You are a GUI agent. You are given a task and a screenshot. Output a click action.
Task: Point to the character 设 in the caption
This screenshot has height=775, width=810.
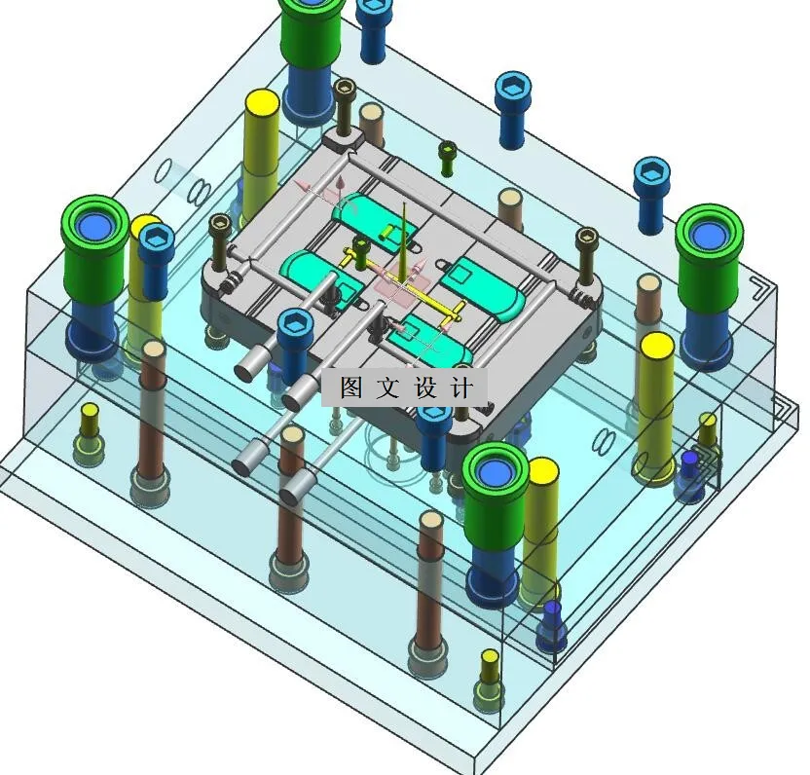point(425,387)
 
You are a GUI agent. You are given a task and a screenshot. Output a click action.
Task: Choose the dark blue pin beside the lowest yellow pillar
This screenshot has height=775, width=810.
point(552,610)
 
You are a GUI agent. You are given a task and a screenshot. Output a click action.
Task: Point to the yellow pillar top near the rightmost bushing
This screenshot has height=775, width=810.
point(657,345)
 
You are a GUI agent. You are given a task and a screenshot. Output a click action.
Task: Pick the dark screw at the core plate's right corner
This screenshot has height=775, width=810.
point(587,238)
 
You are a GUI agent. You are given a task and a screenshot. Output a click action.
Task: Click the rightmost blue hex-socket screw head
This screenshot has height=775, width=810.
point(651,174)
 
